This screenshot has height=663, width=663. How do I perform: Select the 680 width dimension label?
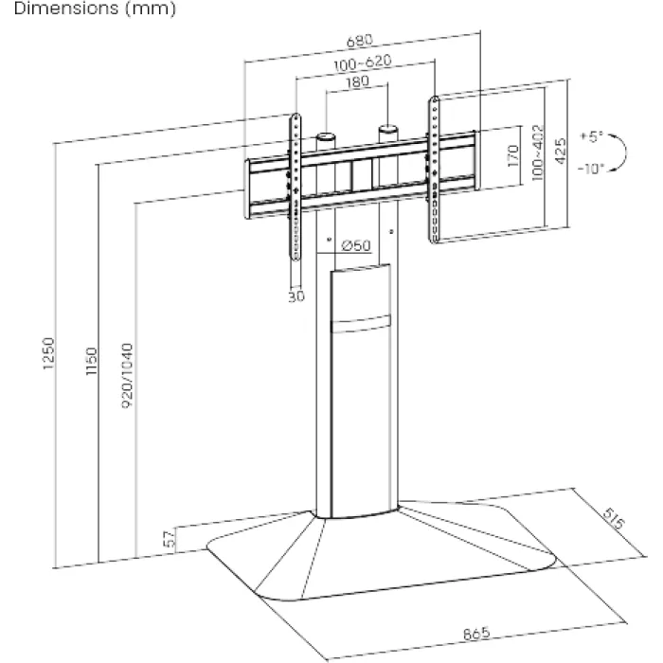point(361,41)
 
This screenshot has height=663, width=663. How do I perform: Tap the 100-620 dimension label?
point(363,63)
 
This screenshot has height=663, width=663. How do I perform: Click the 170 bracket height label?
point(512,155)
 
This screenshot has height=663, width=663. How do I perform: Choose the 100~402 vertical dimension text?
point(538,152)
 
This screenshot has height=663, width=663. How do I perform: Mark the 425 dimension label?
point(560,152)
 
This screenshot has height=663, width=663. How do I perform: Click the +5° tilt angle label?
point(591,137)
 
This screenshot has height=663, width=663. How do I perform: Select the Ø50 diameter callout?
point(353,246)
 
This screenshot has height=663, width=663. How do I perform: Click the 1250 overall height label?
point(49,354)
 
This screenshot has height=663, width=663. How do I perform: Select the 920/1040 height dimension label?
point(131,375)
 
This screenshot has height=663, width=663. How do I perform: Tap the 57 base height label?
point(169,540)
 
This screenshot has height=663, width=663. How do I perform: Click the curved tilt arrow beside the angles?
point(620,152)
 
